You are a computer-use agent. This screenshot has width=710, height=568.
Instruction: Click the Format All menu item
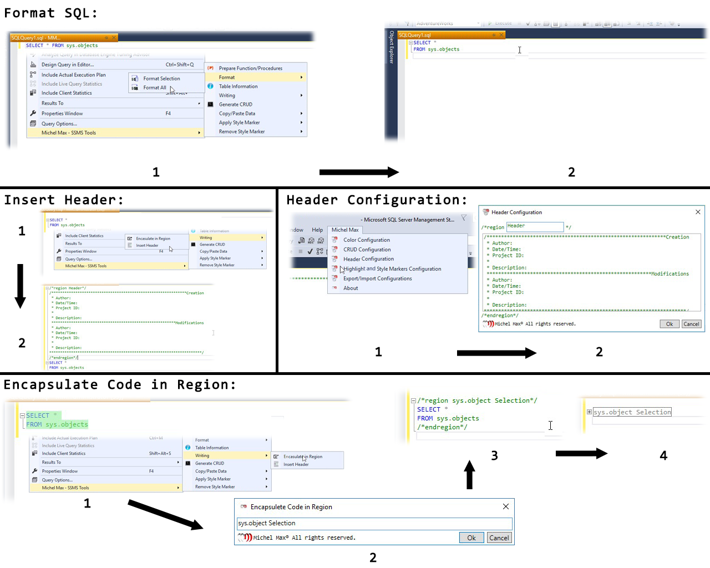pyautogui.click(x=155, y=88)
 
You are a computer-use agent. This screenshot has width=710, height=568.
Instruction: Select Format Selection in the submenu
pyautogui.click(x=161, y=79)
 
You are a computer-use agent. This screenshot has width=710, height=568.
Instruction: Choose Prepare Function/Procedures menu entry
pyautogui.click(x=250, y=68)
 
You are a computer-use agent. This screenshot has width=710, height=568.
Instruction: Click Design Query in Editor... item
pyautogui.click(x=68, y=65)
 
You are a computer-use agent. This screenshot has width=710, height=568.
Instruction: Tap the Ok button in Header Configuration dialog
pyautogui.click(x=670, y=324)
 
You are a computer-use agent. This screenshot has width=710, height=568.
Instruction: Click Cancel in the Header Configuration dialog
pyautogui.click(x=691, y=324)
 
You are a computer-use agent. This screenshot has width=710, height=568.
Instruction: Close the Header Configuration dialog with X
pyautogui.click(x=698, y=212)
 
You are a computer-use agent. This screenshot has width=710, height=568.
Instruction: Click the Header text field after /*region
pyautogui.click(x=535, y=226)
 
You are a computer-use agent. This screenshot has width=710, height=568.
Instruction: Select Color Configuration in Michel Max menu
pyautogui.click(x=366, y=240)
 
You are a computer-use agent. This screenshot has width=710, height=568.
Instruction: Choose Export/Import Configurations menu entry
pyautogui.click(x=377, y=278)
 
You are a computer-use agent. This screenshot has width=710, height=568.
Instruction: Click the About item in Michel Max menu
pyautogui.click(x=351, y=288)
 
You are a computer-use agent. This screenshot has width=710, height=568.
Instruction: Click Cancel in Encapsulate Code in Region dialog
pyautogui.click(x=499, y=537)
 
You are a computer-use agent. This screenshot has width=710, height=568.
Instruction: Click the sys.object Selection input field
pyautogui.click(x=374, y=523)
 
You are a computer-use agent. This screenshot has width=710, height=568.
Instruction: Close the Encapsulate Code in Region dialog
pyautogui.click(x=505, y=506)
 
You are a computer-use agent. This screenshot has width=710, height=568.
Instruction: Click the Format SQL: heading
pyautogui.click(x=51, y=13)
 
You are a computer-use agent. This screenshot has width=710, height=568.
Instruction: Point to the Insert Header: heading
pyautogui.click(x=64, y=200)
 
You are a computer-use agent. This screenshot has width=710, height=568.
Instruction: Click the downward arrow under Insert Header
pyautogui.click(x=21, y=286)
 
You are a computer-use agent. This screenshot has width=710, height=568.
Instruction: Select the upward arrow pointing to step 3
pyautogui.click(x=469, y=475)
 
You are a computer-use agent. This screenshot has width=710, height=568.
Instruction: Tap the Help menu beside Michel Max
pyautogui.click(x=317, y=230)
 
